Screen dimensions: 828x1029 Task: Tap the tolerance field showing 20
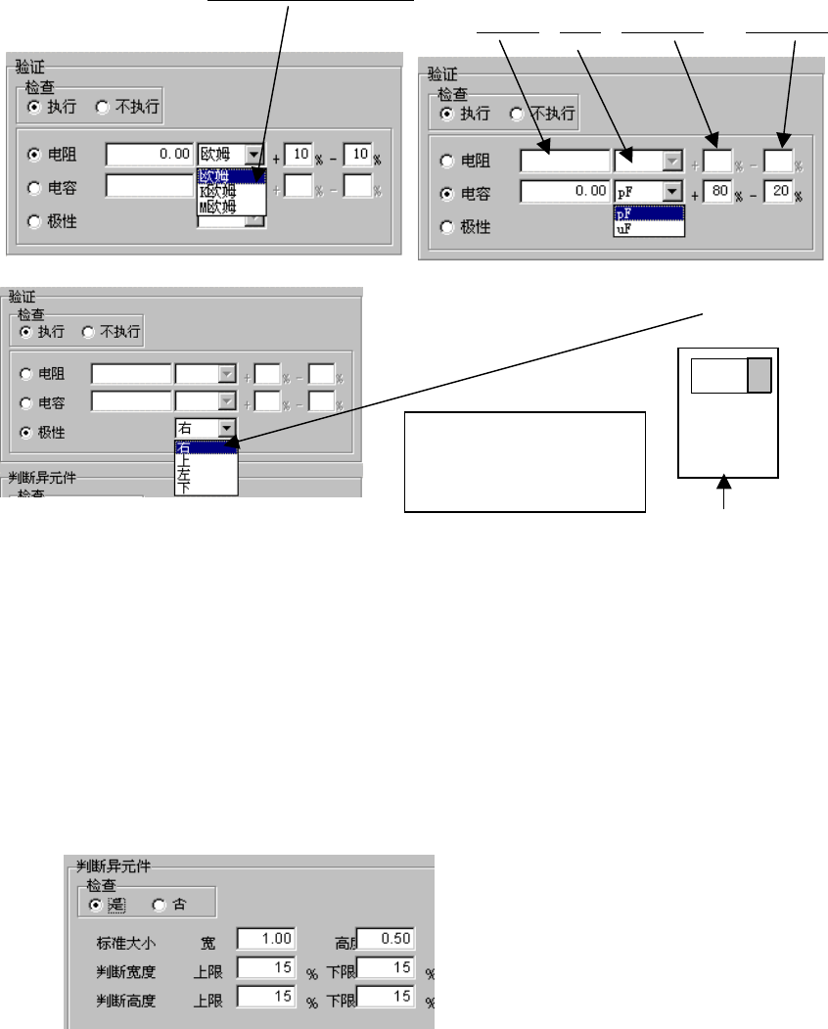coord(779,193)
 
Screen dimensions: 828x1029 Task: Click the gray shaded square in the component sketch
coord(759,376)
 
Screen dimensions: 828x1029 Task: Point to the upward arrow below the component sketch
coord(724,490)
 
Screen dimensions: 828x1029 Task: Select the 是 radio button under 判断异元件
coord(95,904)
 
